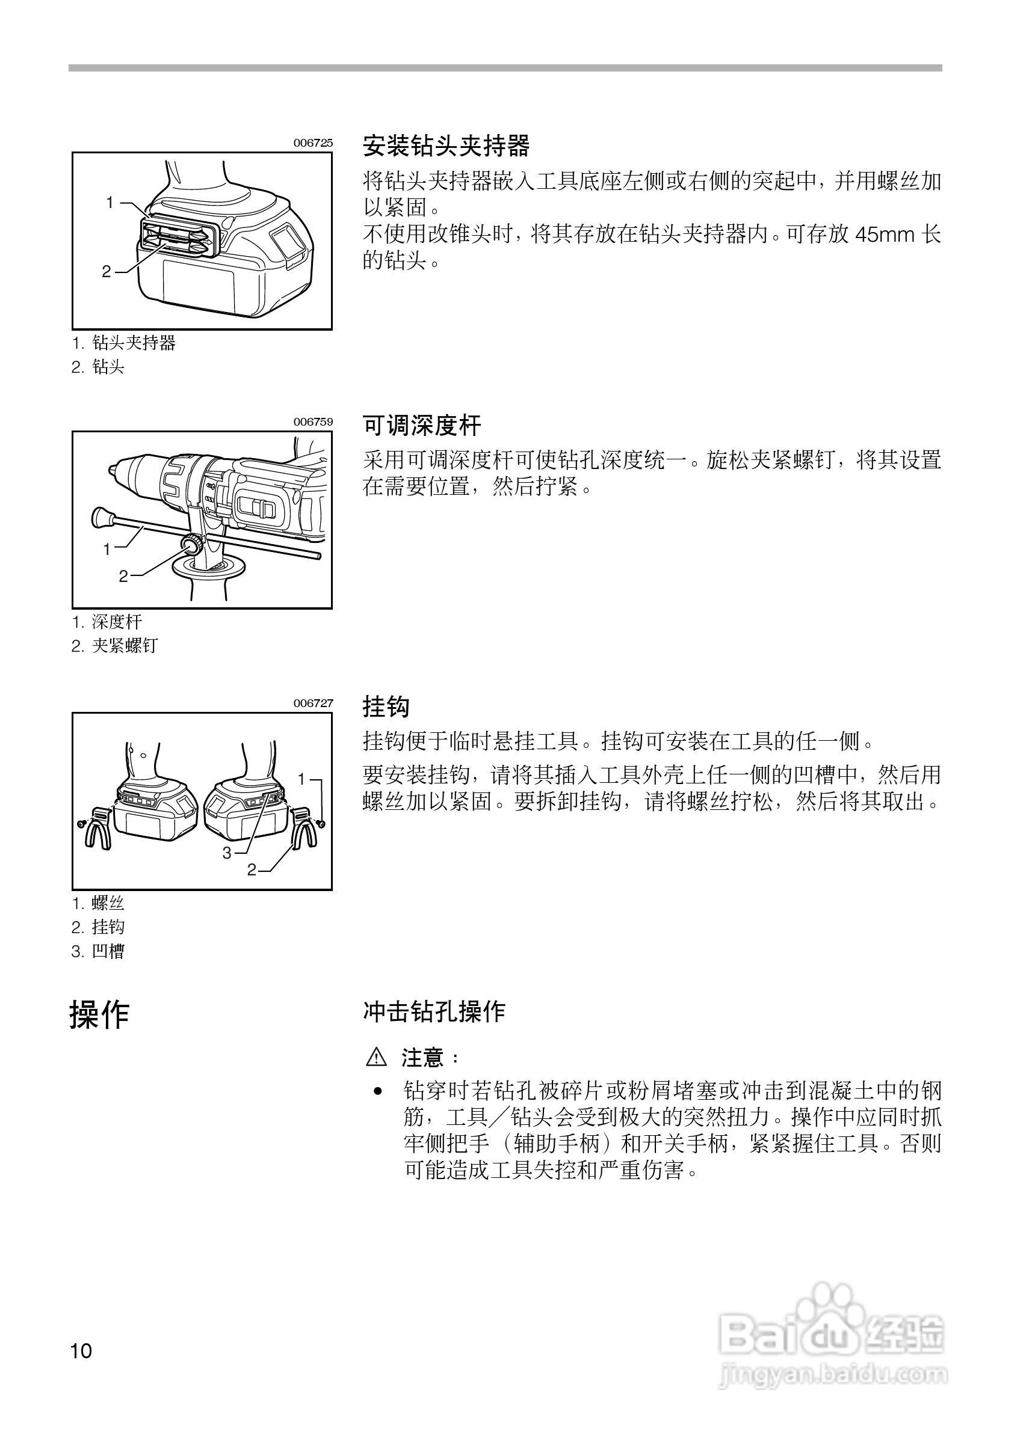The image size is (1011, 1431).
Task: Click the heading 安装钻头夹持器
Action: click(446, 147)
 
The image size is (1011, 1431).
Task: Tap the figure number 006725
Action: click(313, 142)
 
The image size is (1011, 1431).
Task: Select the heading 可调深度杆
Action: click(422, 426)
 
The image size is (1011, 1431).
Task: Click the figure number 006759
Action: click(313, 422)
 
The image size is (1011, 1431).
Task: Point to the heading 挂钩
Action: click(386, 706)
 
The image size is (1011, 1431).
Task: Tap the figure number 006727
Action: click(313, 703)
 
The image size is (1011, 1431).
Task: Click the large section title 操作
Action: click(99, 1015)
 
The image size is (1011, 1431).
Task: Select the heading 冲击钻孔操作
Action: click(434, 1011)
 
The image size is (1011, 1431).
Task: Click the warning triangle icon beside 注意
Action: click(377, 1057)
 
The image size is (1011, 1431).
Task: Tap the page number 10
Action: click(81, 1351)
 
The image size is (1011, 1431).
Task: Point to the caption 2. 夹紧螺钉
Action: click(115, 646)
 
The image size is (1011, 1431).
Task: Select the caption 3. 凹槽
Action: click(98, 952)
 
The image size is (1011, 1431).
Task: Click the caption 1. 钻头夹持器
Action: click(123, 343)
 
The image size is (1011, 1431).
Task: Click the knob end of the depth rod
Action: click(100, 516)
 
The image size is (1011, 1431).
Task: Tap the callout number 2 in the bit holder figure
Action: click(107, 271)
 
